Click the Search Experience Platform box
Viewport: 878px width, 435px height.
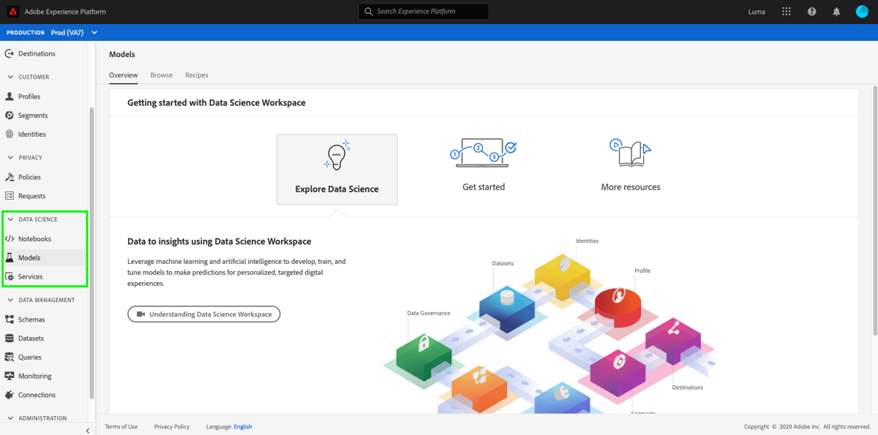tap(424, 12)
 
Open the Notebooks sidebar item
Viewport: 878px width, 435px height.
tap(34, 239)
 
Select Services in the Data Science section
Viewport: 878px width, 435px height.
tap(30, 277)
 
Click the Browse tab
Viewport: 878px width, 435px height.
tap(161, 75)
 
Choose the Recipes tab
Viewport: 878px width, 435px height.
tap(196, 75)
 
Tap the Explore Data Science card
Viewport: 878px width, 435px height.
tap(337, 169)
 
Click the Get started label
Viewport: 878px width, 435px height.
tap(484, 187)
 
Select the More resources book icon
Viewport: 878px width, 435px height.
tap(629, 152)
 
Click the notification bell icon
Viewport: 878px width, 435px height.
tap(836, 12)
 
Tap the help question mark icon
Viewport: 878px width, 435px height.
tap(811, 12)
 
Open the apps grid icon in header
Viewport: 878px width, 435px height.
tap(787, 12)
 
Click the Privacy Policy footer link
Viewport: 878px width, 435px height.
tap(172, 427)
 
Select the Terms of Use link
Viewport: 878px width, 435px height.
tap(121, 427)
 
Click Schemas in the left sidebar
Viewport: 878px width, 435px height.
tap(31, 319)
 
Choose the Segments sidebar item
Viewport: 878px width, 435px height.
tap(33, 116)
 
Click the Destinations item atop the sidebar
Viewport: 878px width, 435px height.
tap(37, 54)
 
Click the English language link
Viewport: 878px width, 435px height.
tap(243, 427)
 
